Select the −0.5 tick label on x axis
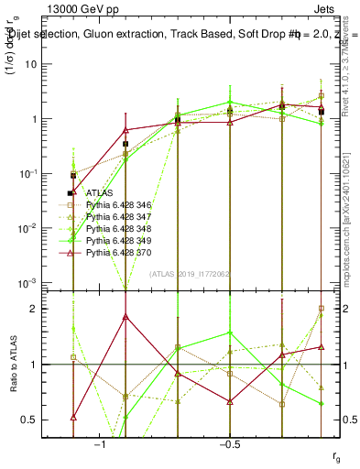(x=227, y=442)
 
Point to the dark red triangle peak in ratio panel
(x=125, y=317)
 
